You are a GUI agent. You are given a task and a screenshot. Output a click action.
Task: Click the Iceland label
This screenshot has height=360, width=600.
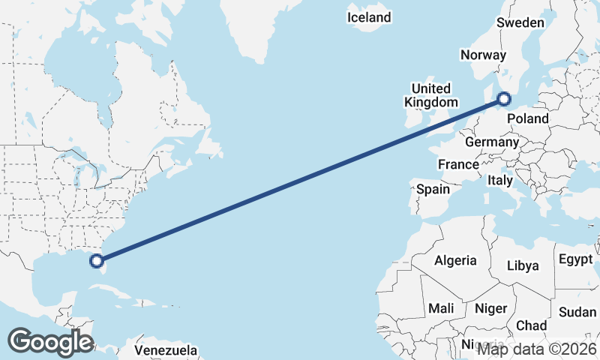369,17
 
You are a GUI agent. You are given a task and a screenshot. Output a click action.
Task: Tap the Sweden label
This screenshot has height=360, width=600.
520,23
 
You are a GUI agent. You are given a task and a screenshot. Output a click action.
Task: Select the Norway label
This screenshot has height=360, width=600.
483,55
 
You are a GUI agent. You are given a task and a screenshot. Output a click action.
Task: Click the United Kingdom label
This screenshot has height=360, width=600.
430,95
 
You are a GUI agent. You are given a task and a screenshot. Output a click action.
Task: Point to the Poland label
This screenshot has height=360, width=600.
528,118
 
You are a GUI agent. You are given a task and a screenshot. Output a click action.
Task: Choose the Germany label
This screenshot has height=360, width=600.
492,142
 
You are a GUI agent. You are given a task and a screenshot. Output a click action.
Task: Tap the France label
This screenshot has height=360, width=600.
458,164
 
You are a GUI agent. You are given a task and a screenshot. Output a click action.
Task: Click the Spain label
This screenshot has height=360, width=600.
433,190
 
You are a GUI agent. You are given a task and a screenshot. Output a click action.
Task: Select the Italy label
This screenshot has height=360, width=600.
500,181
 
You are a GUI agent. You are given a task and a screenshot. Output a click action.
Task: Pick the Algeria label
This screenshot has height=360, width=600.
455,260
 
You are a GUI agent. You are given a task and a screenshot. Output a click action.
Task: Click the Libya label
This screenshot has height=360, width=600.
523,265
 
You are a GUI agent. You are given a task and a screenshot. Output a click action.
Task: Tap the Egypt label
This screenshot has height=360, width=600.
576,259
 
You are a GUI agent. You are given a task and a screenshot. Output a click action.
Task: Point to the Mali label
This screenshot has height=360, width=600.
441,308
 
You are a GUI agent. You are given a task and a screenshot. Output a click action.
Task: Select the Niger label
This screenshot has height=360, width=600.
491,308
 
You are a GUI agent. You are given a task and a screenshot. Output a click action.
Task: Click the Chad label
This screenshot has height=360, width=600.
531,325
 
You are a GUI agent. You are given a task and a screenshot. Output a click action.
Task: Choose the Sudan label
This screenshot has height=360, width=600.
577,312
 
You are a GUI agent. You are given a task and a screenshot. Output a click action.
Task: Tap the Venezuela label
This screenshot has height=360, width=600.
166,350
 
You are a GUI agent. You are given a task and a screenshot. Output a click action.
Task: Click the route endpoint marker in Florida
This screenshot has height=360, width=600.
96,261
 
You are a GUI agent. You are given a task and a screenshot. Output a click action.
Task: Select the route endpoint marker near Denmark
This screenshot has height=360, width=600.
505,98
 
